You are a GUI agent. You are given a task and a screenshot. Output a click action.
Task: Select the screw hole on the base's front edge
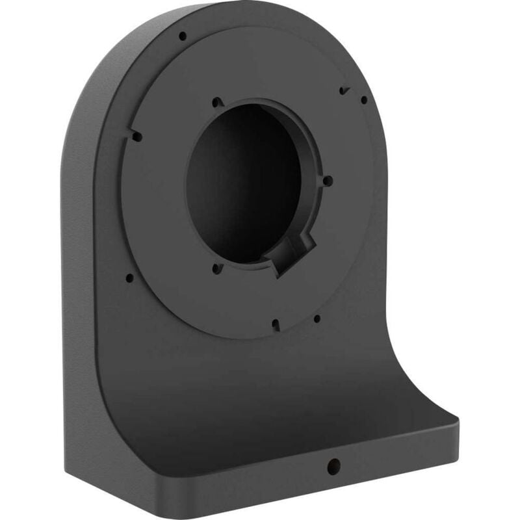[333, 465]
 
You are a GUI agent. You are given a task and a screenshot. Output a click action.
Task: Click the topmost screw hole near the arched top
[183, 36]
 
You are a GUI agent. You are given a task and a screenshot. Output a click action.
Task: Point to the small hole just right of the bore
[328, 181]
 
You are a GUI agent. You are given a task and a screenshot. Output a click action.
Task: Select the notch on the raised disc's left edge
[136, 136]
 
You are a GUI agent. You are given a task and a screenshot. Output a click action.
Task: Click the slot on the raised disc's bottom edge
[276, 323]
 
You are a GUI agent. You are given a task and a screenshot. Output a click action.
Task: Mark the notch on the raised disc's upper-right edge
[343, 90]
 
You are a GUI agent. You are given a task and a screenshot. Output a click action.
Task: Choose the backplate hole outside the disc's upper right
[364, 99]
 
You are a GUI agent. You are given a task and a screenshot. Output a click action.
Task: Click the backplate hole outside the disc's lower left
[129, 278]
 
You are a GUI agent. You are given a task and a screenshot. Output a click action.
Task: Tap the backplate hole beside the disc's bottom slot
[317, 318]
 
